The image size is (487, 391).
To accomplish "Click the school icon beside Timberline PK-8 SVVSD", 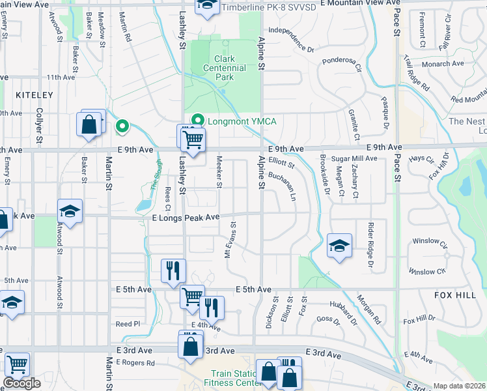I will (x=208, y=7).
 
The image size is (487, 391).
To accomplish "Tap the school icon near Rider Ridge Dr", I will (x=339, y=246).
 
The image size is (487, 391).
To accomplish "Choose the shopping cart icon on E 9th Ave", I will (x=193, y=139).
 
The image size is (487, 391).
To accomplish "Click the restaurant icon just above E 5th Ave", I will (x=173, y=270).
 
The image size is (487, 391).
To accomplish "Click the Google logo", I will (x=21, y=383).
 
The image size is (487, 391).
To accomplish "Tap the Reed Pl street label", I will (x=128, y=324).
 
